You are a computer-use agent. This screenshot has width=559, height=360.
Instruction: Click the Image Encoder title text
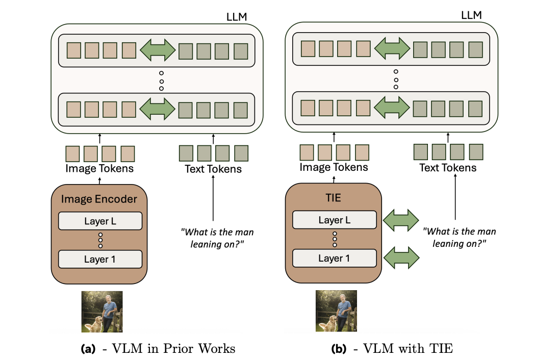pyautogui.click(x=99, y=199)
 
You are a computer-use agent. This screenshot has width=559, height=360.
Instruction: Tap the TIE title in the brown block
pyautogui.click(x=334, y=198)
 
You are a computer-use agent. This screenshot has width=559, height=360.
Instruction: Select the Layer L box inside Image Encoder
pyautogui.click(x=100, y=221)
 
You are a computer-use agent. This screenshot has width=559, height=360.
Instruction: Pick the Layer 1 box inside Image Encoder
pyautogui.click(x=100, y=259)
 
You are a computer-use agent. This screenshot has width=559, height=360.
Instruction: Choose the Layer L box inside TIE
pyautogui.click(x=334, y=220)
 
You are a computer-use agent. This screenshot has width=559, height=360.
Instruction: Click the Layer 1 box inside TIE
pyautogui.click(x=334, y=258)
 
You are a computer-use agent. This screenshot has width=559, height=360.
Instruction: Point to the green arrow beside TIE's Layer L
pyautogui.click(x=399, y=220)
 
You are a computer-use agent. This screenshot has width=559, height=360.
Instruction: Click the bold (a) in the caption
pyautogui.click(x=88, y=349)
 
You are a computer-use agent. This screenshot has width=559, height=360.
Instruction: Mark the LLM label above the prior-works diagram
pyautogui.click(x=236, y=17)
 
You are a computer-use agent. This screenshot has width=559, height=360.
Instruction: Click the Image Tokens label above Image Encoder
pyautogui.click(x=99, y=168)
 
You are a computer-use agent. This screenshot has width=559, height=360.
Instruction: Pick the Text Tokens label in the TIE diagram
pyautogui.click(x=448, y=167)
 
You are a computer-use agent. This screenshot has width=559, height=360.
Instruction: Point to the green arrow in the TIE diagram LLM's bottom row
pyautogui.click(x=392, y=108)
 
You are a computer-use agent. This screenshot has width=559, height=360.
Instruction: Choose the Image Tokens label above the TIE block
pyautogui.click(x=334, y=167)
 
